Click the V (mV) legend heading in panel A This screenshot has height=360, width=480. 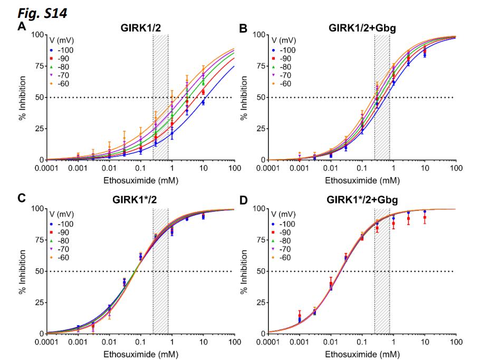click(x=54, y=40)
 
